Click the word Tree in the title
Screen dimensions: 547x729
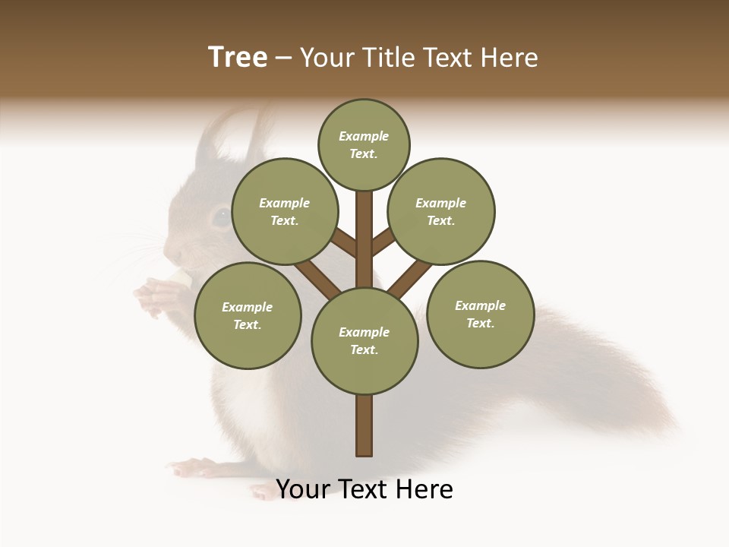238,58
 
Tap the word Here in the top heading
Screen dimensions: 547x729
510,58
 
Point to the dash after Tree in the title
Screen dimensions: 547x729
283,58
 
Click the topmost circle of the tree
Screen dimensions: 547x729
364,144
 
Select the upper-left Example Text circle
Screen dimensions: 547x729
284,211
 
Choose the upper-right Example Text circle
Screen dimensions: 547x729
441,211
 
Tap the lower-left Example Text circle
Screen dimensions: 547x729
248,315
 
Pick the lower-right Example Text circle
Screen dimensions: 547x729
480,314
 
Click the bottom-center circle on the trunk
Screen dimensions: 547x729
364,341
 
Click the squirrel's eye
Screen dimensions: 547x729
220,218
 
